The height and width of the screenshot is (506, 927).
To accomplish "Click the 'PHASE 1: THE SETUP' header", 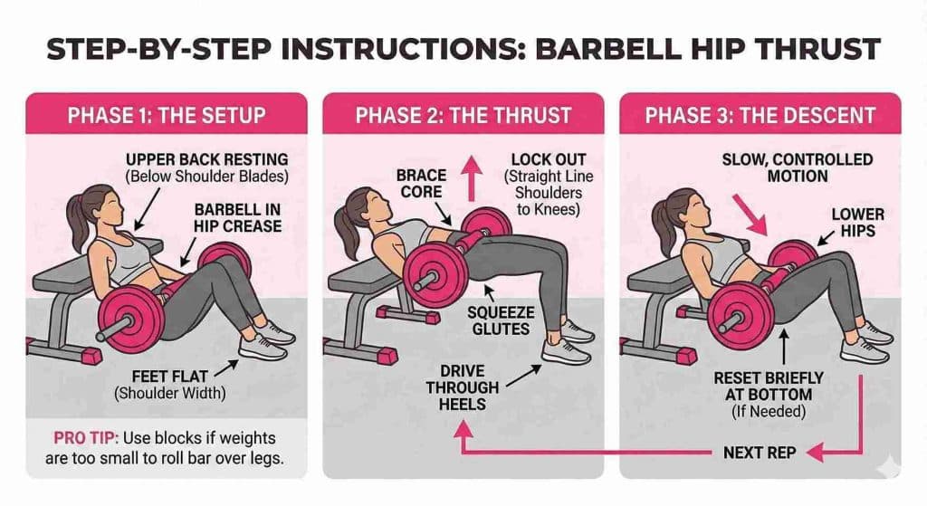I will (x=166, y=116).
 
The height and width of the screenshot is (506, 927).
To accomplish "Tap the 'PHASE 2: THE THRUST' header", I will (x=463, y=116).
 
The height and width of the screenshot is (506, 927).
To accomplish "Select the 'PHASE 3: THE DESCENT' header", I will (x=760, y=116).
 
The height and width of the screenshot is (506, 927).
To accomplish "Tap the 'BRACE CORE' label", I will (x=422, y=184).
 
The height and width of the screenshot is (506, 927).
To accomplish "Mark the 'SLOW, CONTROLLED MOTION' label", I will (x=797, y=167).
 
